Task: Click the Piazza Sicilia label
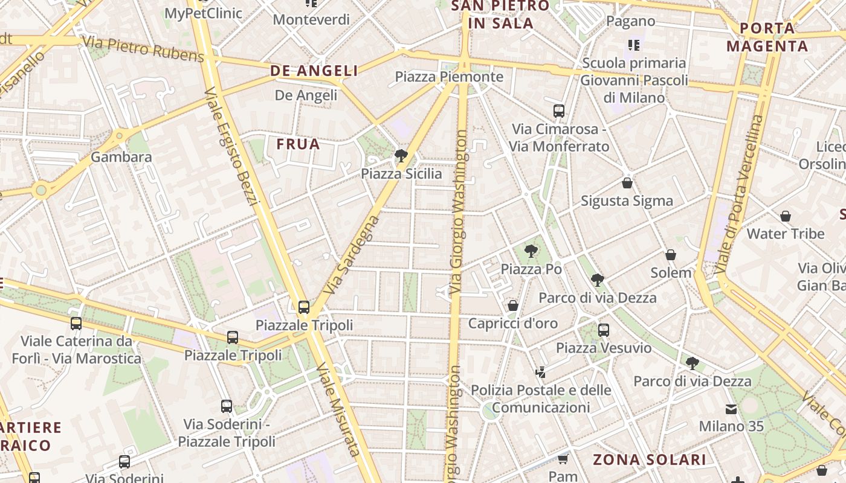401,174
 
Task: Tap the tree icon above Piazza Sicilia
400,156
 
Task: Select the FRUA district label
299,144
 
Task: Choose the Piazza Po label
531,269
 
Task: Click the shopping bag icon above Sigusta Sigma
627,183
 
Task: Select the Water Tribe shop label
786,234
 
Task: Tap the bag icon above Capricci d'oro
513,305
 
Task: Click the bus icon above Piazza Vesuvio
603,330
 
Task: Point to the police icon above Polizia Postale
541,372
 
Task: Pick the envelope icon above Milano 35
731,409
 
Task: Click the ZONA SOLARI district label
649,459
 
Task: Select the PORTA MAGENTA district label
767,37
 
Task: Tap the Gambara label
121,158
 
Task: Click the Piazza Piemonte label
449,77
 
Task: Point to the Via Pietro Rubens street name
143,49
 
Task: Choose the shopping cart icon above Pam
563,459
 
